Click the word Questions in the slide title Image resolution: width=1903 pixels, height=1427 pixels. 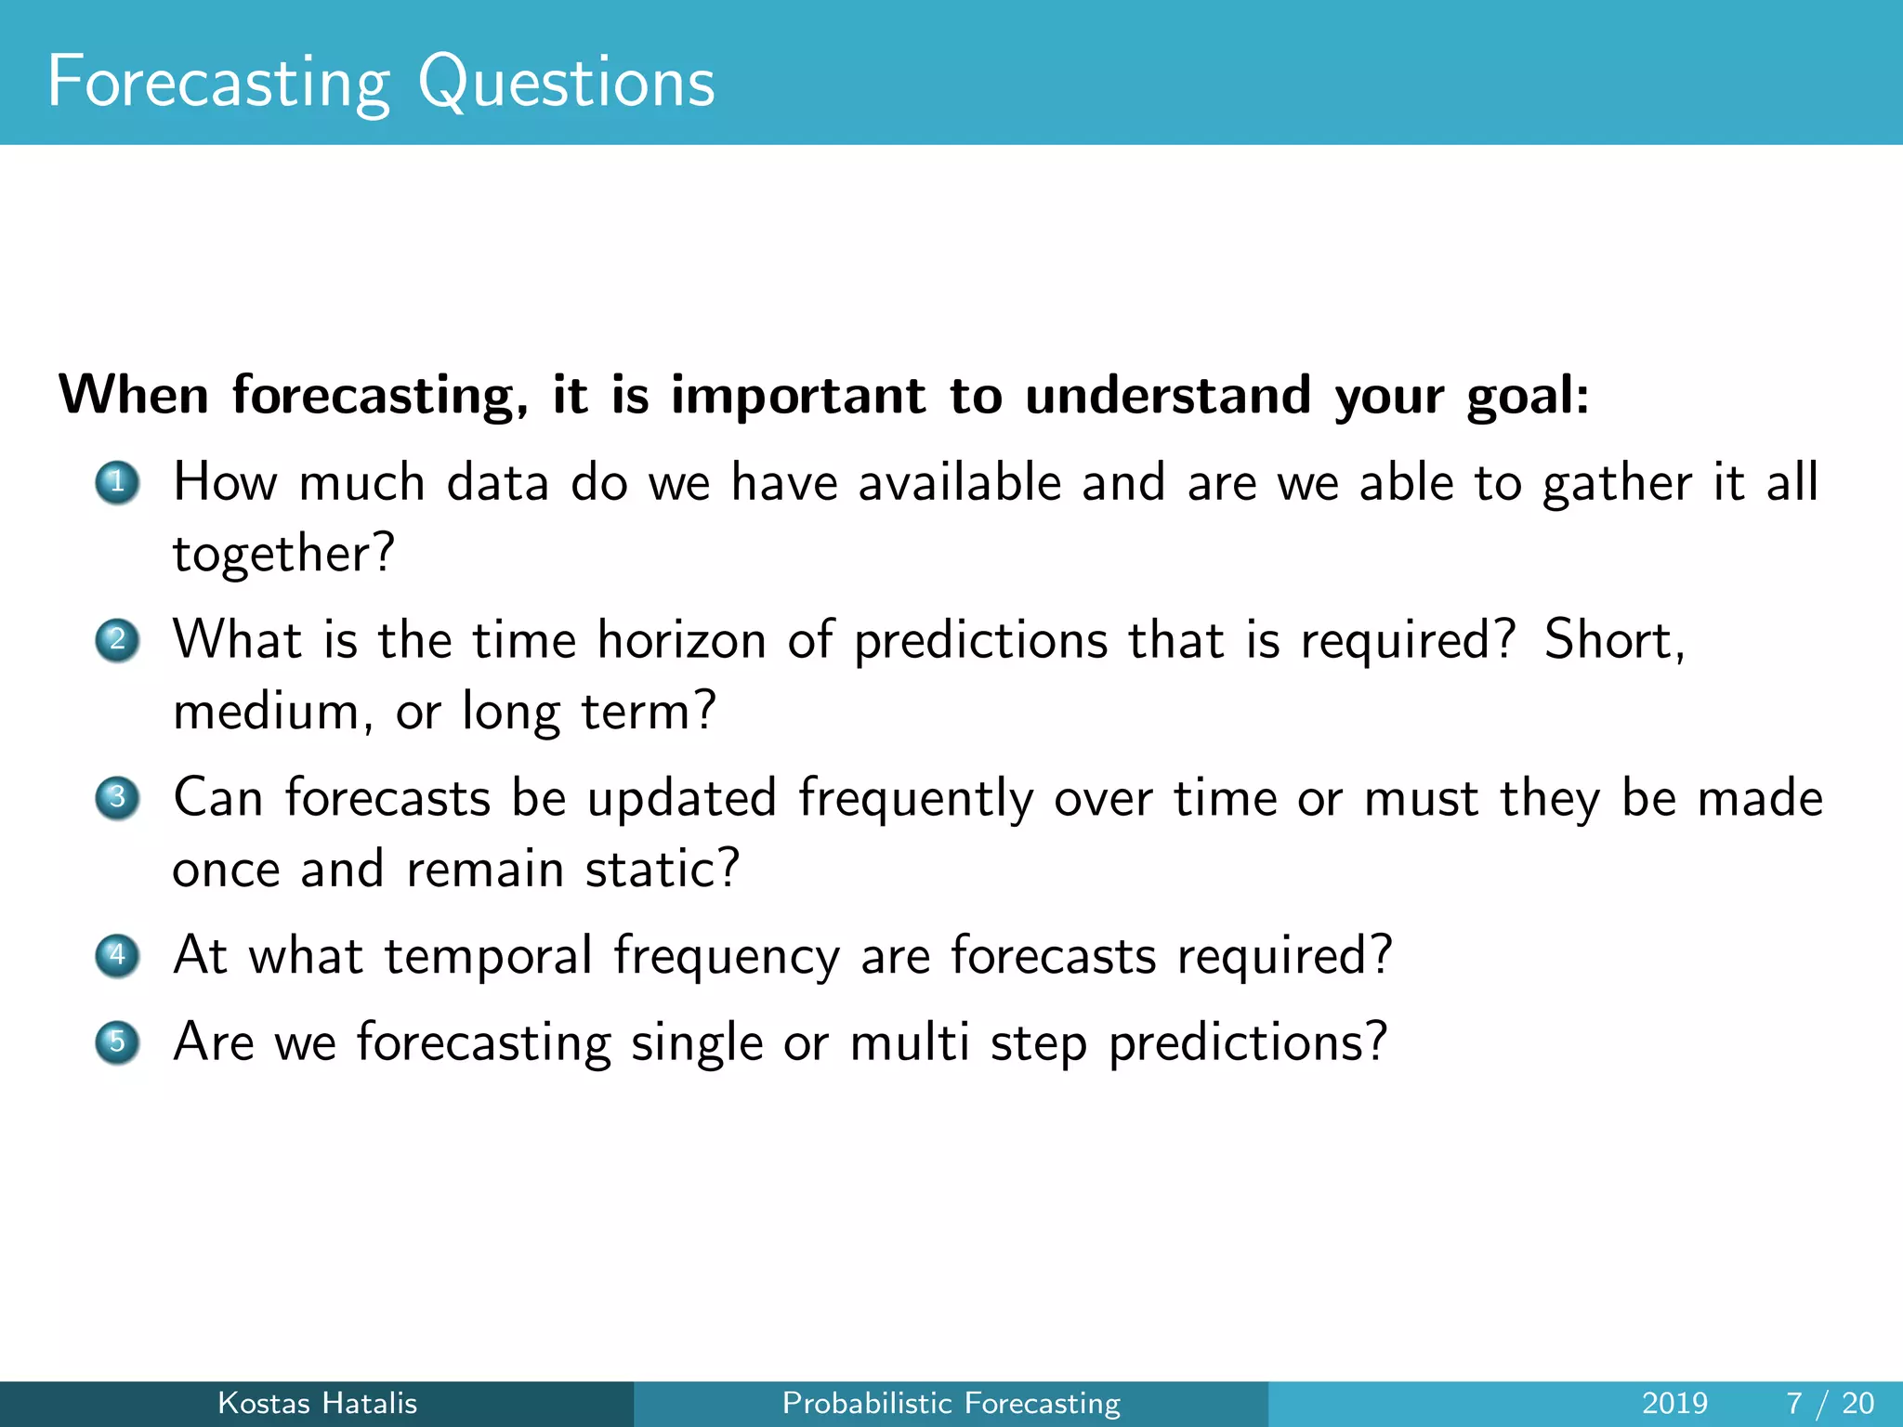pyautogui.click(x=566, y=84)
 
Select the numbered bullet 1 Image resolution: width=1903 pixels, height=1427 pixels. pyautogui.click(x=117, y=482)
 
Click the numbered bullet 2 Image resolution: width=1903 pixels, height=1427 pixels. pyautogui.click(x=117, y=640)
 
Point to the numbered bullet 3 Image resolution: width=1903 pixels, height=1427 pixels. pyautogui.click(x=117, y=798)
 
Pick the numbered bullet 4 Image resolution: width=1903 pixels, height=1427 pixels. pyautogui.click(x=117, y=955)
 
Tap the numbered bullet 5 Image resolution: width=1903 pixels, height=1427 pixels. pyautogui.click(x=117, y=1041)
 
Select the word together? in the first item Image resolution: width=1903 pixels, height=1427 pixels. pyautogui.click(x=283, y=555)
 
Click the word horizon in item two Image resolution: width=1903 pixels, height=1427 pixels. pyautogui.click(x=681, y=641)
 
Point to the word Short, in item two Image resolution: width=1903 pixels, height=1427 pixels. pyautogui.click(x=1614, y=641)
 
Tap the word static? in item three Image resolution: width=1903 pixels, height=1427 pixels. pyautogui.click(x=662, y=870)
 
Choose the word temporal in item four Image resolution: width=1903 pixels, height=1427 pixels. pyautogui.click(x=488, y=957)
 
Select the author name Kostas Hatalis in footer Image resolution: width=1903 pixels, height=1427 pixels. pyautogui.click(x=317, y=1403)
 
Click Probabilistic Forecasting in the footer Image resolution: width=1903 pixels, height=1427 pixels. pyautogui.click(x=951, y=1403)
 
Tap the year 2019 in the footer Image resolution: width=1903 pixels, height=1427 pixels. pyautogui.click(x=1674, y=1403)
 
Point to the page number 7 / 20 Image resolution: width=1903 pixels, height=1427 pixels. pyautogui.click(x=1830, y=1403)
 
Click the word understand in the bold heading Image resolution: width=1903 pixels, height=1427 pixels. pyautogui.click(x=1168, y=396)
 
